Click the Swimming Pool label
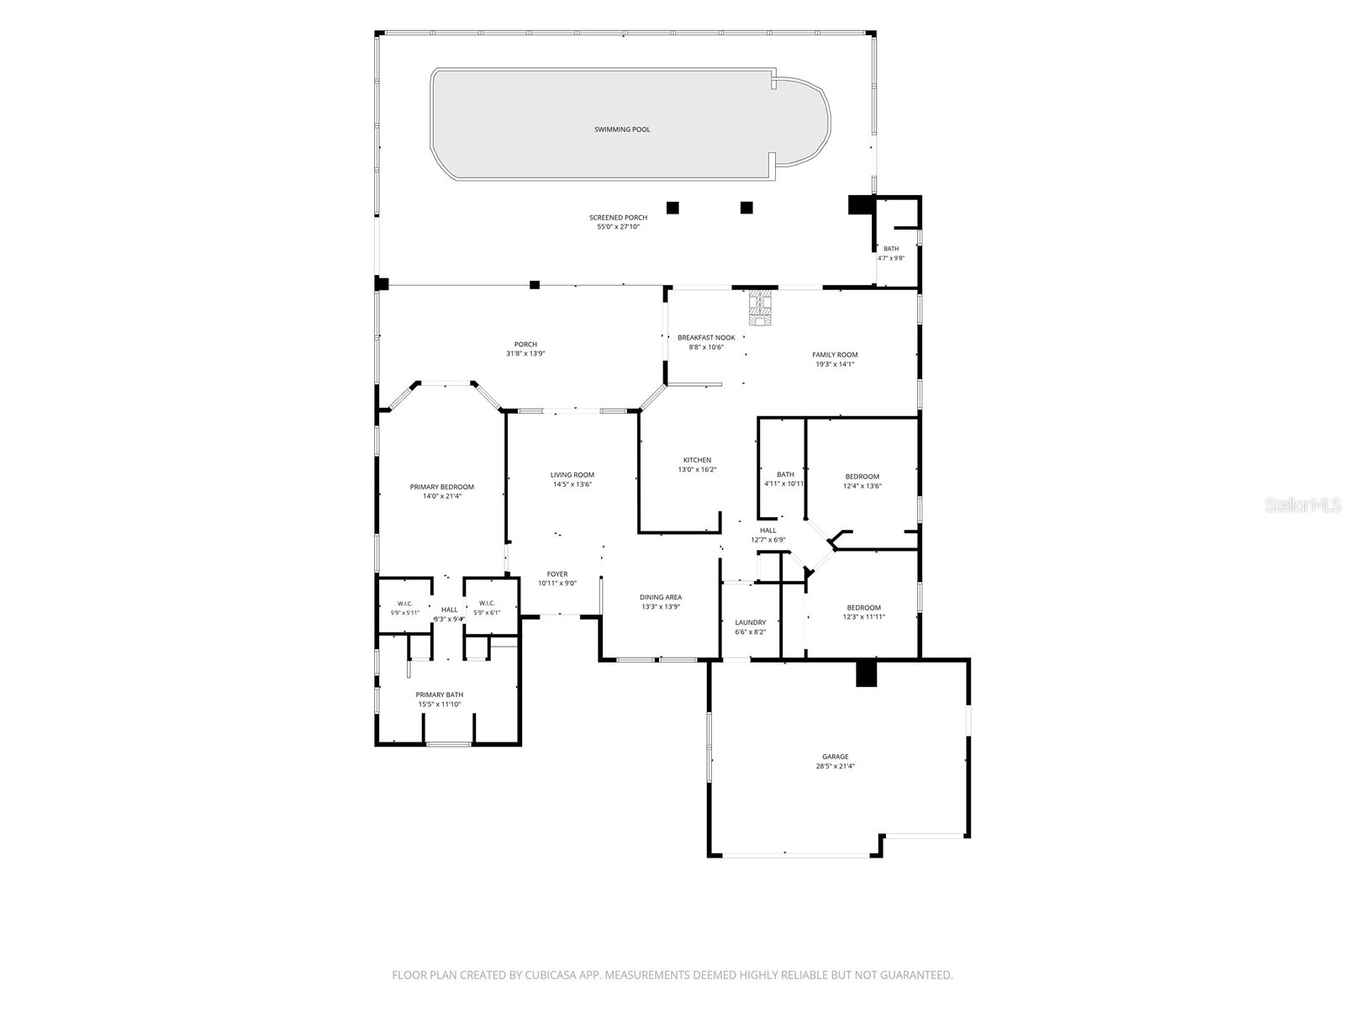[x=621, y=129]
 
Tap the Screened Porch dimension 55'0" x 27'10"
[x=618, y=227]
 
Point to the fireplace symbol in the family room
[x=761, y=308]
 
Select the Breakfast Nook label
[x=706, y=337]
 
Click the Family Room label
[x=835, y=355]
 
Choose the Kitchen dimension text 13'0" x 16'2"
[x=697, y=470]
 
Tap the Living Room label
[x=572, y=475]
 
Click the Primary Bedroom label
[x=441, y=487]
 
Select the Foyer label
[x=557, y=574]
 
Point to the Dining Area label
[x=661, y=597]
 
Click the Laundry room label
[x=750, y=622]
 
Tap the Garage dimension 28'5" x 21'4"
[x=836, y=766]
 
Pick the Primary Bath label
[x=440, y=695]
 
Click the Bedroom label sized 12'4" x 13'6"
[x=862, y=477]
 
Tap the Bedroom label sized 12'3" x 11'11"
[x=863, y=608]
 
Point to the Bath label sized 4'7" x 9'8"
[x=891, y=249]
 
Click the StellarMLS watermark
[x=1303, y=504]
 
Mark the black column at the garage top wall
[x=867, y=674]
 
